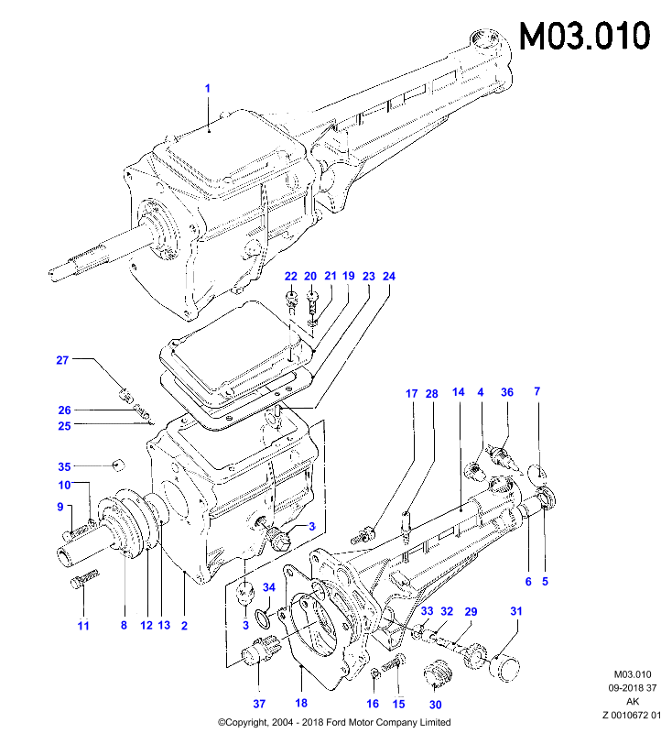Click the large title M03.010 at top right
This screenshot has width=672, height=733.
(x=585, y=36)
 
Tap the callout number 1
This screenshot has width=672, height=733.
(x=207, y=88)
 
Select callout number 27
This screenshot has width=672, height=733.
(x=62, y=360)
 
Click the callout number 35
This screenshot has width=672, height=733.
(x=64, y=466)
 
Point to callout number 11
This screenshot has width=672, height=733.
(x=83, y=626)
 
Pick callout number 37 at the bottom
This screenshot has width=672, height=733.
(x=259, y=704)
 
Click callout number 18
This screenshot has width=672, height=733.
(x=301, y=703)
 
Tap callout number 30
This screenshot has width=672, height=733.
(x=435, y=705)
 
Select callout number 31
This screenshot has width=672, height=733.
(x=516, y=611)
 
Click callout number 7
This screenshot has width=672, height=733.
(x=537, y=391)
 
